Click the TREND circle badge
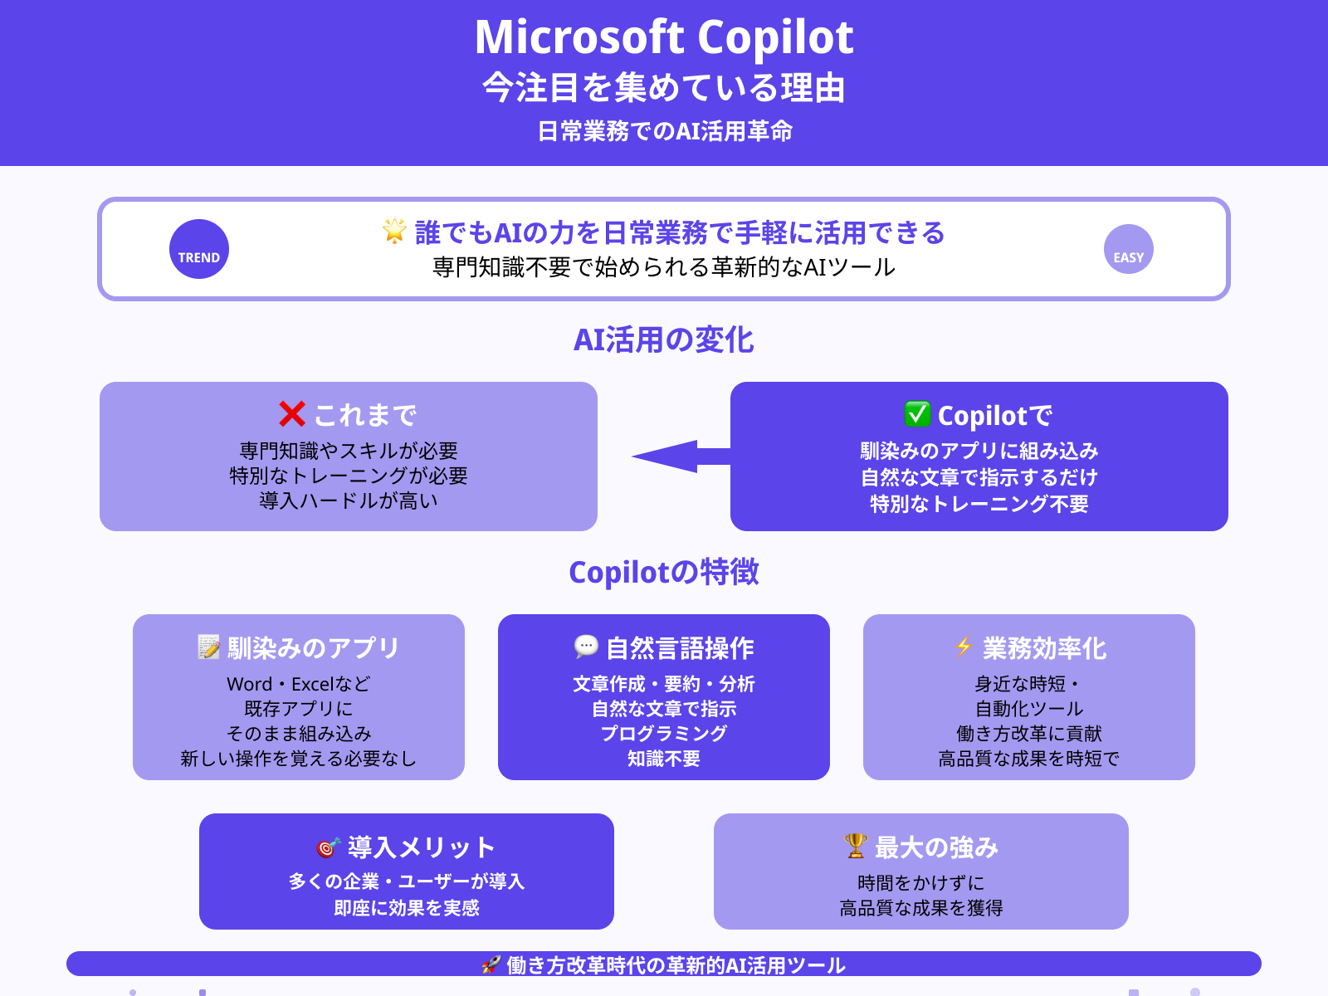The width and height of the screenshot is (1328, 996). point(199,249)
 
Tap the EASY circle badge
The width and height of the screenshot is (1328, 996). point(1129,249)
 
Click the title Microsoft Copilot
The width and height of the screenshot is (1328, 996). point(664,37)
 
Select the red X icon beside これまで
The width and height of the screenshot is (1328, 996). point(292,413)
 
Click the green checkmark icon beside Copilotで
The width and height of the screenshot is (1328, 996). point(917,413)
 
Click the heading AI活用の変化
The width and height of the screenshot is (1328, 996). point(664,340)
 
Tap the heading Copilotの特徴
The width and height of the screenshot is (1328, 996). point(664,573)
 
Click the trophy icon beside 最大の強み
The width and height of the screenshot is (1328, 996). point(856,846)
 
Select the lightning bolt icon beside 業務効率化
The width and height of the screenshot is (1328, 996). point(964,647)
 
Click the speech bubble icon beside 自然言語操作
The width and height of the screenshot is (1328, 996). point(586,647)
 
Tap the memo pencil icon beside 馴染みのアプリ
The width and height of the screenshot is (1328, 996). point(209,647)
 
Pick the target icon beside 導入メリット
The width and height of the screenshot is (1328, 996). point(329,847)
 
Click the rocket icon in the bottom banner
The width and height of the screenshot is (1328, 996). point(491,964)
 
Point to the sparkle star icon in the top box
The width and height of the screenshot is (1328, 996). point(394,231)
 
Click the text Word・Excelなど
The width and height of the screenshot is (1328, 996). point(299,684)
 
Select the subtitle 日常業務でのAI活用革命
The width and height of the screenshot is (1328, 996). point(664,131)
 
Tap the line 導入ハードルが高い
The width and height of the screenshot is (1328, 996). point(349,500)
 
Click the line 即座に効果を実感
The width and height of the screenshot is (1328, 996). point(407,908)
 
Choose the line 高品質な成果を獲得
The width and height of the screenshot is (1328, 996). point(921,908)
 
